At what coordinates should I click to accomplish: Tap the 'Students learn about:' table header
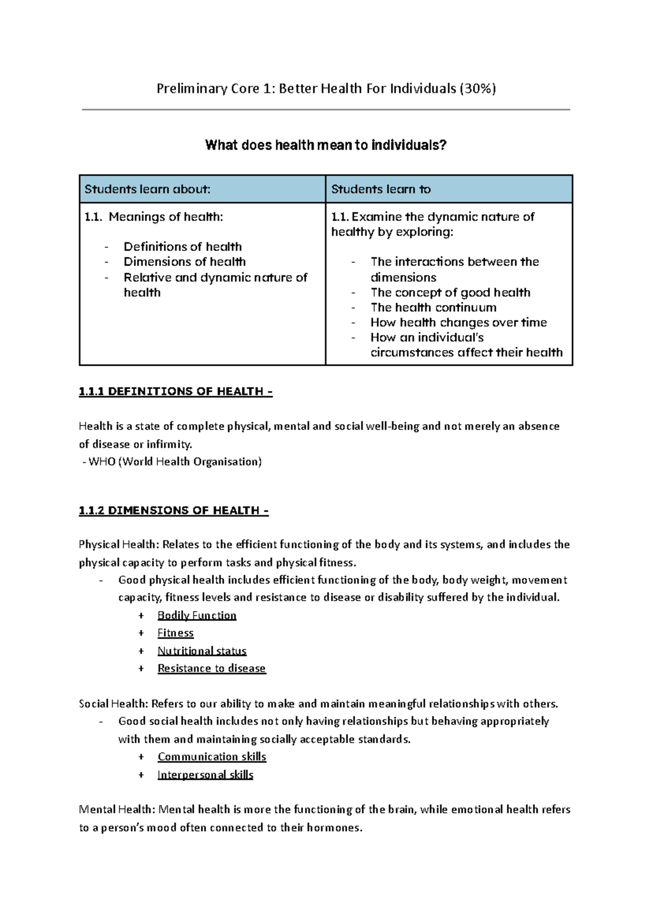[x=147, y=189]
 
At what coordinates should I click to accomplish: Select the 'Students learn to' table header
[x=381, y=189]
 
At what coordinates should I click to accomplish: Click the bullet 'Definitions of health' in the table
[x=182, y=247]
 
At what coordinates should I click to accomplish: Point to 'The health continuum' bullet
[x=433, y=308]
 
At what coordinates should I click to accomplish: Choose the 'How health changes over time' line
[x=458, y=322]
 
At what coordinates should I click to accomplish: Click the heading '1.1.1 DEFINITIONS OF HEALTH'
[x=175, y=391]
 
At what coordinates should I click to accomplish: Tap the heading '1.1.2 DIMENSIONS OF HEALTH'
[x=173, y=511]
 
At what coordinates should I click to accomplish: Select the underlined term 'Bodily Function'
[x=197, y=616]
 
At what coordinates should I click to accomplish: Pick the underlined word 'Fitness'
[x=175, y=633]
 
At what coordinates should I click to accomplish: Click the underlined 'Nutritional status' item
[x=202, y=651]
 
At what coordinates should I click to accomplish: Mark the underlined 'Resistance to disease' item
[x=212, y=668]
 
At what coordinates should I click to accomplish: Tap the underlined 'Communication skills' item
[x=212, y=757]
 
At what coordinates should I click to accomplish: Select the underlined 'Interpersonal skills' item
[x=205, y=775]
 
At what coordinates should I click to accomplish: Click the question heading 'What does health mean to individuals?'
[x=325, y=145]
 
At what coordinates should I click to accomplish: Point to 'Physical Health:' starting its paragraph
[x=119, y=545]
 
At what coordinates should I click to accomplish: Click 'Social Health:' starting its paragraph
[x=113, y=704]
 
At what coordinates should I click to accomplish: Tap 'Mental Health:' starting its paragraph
[x=117, y=810]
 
